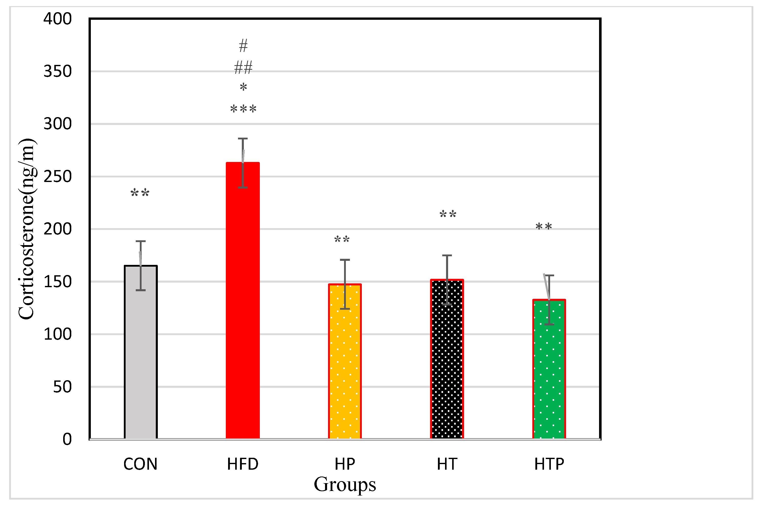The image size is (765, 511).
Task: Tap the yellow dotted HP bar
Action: point(345,362)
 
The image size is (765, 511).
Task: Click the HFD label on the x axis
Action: point(243,464)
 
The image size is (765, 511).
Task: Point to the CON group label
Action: point(140,464)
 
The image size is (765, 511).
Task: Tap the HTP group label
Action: point(549,464)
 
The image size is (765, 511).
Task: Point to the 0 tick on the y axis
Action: point(67,439)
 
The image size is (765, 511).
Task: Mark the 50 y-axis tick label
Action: point(62,387)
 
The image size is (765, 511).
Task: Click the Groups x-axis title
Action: point(345,485)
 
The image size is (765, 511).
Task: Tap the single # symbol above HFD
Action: point(243,46)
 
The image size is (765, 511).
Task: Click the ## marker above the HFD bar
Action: point(243,68)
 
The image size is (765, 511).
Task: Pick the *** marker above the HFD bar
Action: point(243,109)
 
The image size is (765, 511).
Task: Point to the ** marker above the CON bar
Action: point(140,193)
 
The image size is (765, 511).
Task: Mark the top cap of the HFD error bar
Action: point(243,139)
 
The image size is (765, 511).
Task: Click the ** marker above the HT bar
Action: point(448,214)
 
